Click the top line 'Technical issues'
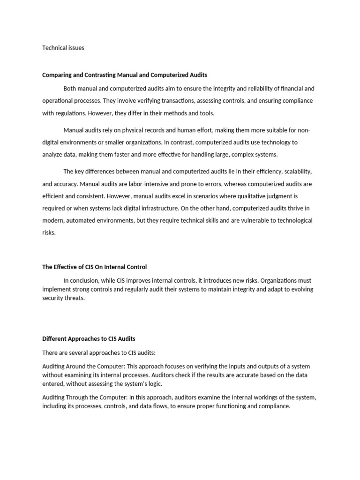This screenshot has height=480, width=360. click(63, 48)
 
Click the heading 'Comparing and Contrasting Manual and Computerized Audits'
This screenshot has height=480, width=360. click(125, 75)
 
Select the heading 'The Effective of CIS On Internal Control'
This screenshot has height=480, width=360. click(95, 267)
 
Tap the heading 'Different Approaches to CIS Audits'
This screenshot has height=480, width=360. click(89, 339)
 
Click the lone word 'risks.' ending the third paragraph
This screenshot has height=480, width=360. click(49, 232)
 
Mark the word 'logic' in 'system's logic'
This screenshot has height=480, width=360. click(154, 383)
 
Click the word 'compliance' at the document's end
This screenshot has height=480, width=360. click(274, 406)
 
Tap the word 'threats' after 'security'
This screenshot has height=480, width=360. click(75, 298)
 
